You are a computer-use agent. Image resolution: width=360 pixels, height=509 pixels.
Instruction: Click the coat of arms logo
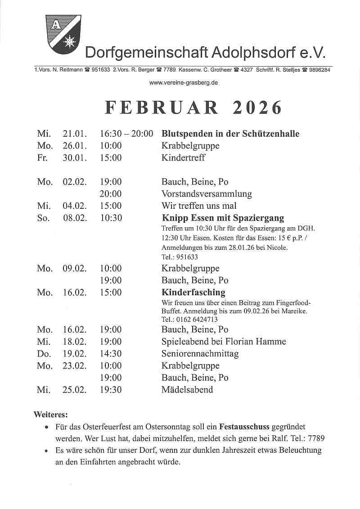click(63, 34)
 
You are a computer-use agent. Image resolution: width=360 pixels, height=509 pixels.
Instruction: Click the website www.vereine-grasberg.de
click(184, 83)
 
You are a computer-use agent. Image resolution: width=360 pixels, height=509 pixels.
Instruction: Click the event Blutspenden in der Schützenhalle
click(230, 134)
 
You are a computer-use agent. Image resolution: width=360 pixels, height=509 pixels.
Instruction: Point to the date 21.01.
click(74, 134)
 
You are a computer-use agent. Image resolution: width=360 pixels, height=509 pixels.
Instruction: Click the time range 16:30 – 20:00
click(126, 134)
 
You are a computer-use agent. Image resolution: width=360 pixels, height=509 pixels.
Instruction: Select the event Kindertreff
click(183, 158)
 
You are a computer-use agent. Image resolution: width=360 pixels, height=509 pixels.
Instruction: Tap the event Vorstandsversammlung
click(207, 194)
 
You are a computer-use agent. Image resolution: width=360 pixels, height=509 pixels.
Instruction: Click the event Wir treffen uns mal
click(199, 206)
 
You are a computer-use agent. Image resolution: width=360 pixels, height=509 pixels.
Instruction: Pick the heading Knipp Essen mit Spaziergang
click(223, 218)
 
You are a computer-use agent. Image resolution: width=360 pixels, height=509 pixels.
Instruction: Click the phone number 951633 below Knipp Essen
click(185, 257)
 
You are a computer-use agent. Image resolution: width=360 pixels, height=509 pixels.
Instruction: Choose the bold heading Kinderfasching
click(193, 293)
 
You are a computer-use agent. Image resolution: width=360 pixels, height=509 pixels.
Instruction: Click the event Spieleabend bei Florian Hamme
click(224, 342)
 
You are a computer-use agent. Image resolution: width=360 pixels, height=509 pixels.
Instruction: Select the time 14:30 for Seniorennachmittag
click(111, 354)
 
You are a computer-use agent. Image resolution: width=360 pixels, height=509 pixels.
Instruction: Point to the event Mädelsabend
click(187, 390)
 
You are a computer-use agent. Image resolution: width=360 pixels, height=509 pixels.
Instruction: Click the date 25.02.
click(74, 390)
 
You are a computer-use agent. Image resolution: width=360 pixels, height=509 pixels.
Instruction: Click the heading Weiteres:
click(51, 414)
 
